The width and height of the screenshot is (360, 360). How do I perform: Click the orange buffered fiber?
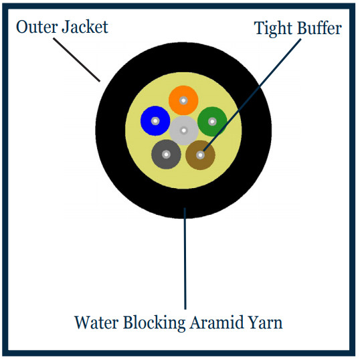pos(183,100)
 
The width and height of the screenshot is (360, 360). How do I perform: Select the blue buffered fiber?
pos(155,120)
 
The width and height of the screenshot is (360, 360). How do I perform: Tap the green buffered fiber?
pos(212,122)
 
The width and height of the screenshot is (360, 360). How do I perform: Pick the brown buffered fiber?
pos(200,155)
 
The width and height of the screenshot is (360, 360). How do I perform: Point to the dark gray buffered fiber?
pos(166,155)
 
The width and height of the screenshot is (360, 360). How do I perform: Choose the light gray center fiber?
pos(183,130)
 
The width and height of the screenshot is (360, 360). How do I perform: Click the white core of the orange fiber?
pos(183,100)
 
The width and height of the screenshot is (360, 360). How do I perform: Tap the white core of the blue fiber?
pos(155,120)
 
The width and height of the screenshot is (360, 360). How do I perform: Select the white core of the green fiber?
pos(212,122)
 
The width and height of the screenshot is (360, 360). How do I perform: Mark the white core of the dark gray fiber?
pos(166,155)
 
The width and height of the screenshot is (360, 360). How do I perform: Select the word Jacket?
pos(85,27)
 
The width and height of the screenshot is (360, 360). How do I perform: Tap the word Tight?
pos(273,29)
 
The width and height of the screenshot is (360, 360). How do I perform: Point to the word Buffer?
pos(319,28)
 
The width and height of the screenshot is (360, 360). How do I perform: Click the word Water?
pos(96,323)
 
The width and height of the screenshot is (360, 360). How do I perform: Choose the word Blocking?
pos(155,323)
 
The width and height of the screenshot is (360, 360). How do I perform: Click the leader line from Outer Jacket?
pos(77,60)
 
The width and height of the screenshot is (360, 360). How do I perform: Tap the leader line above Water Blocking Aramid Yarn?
pos(185,258)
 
